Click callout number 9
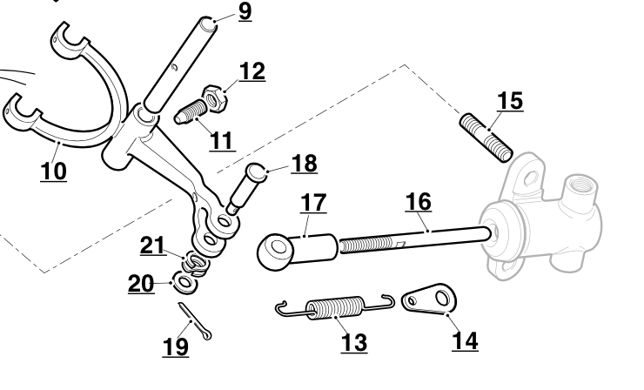[x=244, y=12]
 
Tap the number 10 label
[x=53, y=171]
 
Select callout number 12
[x=252, y=71]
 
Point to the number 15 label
[x=510, y=101]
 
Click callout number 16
[x=418, y=202]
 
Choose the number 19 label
[x=175, y=346]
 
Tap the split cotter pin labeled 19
[x=196, y=321]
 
